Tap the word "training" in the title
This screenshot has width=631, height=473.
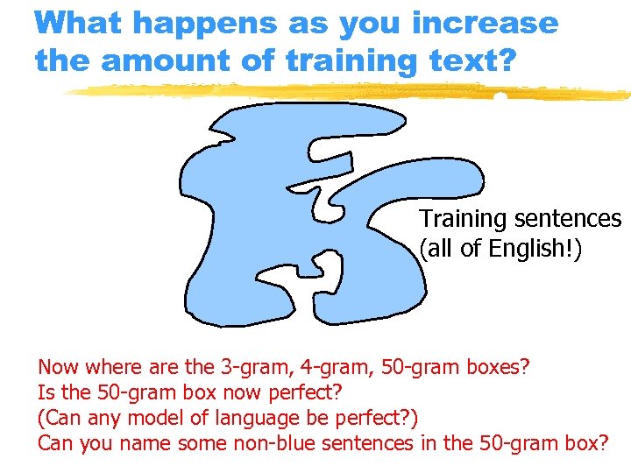point(328,61)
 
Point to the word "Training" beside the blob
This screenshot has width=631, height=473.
point(461,219)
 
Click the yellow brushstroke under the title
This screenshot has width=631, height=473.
point(351,91)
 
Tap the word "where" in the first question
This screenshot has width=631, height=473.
point(105,366)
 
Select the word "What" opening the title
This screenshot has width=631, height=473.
point(78,23)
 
